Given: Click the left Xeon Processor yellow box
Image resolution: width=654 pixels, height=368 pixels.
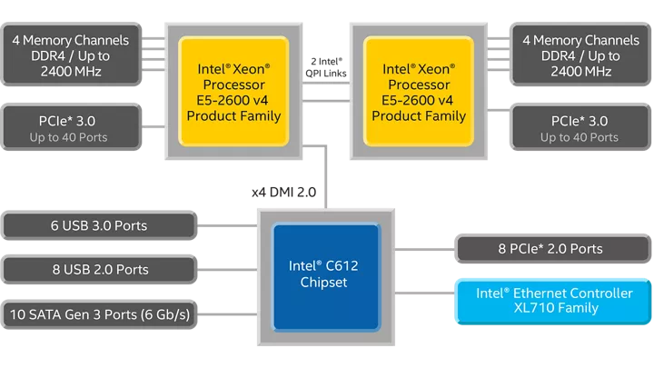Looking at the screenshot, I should coord(233,92).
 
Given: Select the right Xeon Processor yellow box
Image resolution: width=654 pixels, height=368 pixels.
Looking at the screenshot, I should coord(419,92).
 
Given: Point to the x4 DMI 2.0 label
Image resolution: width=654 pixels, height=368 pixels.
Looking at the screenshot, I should coord(284,192).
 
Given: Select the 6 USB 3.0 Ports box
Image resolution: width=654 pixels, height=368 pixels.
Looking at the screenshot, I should coord(99,225).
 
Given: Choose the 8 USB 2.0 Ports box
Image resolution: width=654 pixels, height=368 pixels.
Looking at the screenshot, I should coord(99,269).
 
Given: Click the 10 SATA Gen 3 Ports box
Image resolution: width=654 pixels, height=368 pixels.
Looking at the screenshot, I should coord(99,313).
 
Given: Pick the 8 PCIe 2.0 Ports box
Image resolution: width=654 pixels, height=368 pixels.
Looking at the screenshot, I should coord(554,248).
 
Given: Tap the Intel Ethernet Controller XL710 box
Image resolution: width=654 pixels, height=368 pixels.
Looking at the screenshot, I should coord(554,300).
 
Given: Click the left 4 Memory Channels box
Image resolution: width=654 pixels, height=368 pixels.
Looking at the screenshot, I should coord(70,55).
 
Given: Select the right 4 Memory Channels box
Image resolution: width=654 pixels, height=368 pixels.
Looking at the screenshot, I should coord(580,55).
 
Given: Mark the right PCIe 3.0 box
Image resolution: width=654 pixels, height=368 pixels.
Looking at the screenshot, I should coord(580,128).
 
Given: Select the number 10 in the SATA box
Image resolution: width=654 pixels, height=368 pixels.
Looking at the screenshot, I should coord(17,313).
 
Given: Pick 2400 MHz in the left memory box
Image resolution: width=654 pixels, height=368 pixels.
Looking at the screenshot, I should coord(70,71).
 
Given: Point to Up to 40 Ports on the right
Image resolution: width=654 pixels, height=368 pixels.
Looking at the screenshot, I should coord(580,137).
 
